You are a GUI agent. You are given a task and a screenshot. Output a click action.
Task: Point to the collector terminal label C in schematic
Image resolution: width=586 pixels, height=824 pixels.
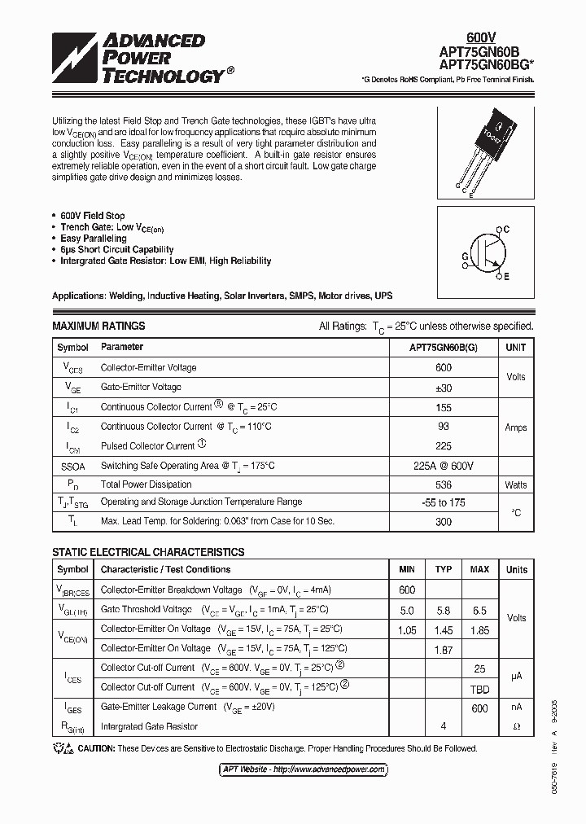point(506,230)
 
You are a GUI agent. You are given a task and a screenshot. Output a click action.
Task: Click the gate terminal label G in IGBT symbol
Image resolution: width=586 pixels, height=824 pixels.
point(465,256)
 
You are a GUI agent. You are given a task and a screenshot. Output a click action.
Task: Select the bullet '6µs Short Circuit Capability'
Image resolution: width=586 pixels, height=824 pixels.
point(117,250)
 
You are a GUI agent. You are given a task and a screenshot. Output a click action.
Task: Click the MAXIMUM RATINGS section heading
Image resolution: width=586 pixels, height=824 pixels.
point(98,326)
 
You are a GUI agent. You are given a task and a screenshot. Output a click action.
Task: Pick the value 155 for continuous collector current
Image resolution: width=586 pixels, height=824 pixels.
point(443,407)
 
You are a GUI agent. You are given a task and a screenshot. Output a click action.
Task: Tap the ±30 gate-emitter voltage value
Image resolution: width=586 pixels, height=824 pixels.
point(443,388)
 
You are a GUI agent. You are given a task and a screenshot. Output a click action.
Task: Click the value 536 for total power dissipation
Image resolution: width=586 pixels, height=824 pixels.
point(443,484)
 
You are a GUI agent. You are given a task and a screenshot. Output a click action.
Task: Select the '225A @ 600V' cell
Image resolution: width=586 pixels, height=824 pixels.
point(443,466)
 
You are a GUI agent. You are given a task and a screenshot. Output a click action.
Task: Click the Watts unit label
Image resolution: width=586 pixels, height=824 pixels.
point(515,485)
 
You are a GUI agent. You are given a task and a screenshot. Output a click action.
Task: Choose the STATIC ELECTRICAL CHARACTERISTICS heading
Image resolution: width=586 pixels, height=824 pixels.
point(148,552)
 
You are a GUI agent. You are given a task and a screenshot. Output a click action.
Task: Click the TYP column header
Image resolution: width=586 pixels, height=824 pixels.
point(443,569)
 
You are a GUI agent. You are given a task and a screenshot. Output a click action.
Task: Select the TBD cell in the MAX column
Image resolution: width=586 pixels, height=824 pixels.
point(479,687)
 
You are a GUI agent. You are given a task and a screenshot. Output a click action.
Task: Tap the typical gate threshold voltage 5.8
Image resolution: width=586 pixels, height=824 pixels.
point(443,610)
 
